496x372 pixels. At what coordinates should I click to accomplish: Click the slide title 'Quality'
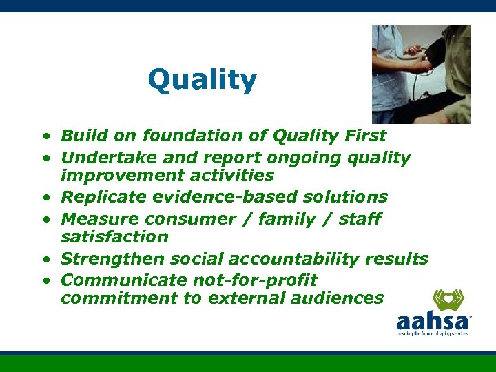(202, 81)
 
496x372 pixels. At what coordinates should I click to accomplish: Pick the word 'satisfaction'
(114, 237)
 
